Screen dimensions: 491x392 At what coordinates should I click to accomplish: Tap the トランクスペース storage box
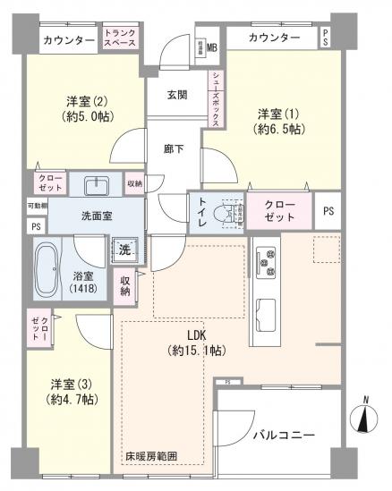119,38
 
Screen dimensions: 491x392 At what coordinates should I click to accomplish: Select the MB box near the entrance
212,47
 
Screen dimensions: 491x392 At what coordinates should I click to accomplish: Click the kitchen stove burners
265,262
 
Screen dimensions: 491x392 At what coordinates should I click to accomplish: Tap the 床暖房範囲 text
151,456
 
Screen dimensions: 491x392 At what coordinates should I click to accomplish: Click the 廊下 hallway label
174,148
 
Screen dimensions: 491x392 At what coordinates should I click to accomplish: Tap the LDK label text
197,335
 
